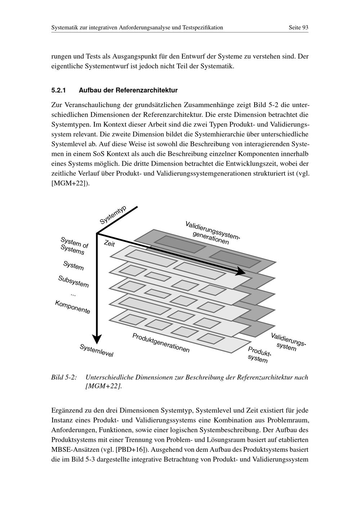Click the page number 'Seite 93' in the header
pos(298,28)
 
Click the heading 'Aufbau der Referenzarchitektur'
pos(128,90)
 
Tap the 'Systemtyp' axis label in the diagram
pos(113,215)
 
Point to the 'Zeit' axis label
pos(109,244)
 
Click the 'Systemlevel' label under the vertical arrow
pos(96,351)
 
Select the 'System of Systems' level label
pos(74,246)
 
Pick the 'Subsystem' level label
pos(73,281)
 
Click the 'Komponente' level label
pos(73,307)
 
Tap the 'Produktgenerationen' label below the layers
pos(161,343)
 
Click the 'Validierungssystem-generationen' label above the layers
pos(212,233)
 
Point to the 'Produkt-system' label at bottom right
pos(259,355)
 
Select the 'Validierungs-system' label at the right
pos(288,342)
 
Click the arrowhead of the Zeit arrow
pos(240,272)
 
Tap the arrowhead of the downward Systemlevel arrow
pos(97,339)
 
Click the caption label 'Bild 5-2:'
pos(64,377)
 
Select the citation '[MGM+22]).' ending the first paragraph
pos(71,183)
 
